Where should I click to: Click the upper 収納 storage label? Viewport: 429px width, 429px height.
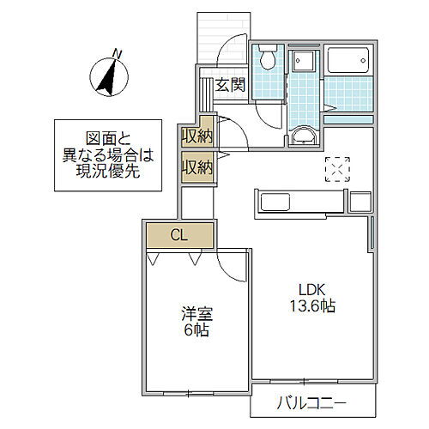(196, 136)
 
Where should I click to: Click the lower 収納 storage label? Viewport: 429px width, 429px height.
(196, 166)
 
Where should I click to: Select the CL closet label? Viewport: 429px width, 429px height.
(178, 234)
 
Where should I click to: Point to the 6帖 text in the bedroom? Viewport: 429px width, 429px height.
(192, 331)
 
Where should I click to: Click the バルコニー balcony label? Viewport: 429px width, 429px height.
(311, 402)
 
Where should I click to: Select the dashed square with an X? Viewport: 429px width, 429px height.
(338, 170)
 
